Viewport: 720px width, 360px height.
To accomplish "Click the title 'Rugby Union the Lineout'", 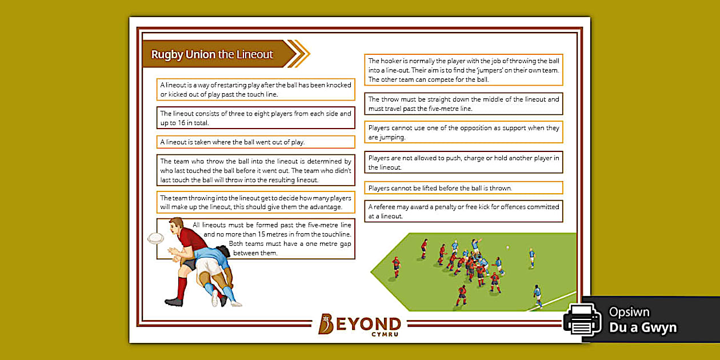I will click(212, 55).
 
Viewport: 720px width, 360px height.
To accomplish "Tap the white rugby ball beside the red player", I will click(155, 238).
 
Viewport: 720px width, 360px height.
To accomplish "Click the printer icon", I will click(583, 319).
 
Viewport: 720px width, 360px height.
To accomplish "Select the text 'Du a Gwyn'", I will click(642, 327).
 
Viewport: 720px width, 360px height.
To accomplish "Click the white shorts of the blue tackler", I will click(211, 266).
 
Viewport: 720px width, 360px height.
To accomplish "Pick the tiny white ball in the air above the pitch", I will click(507, 247).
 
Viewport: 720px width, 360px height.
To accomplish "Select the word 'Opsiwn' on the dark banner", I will click(629, 313).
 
